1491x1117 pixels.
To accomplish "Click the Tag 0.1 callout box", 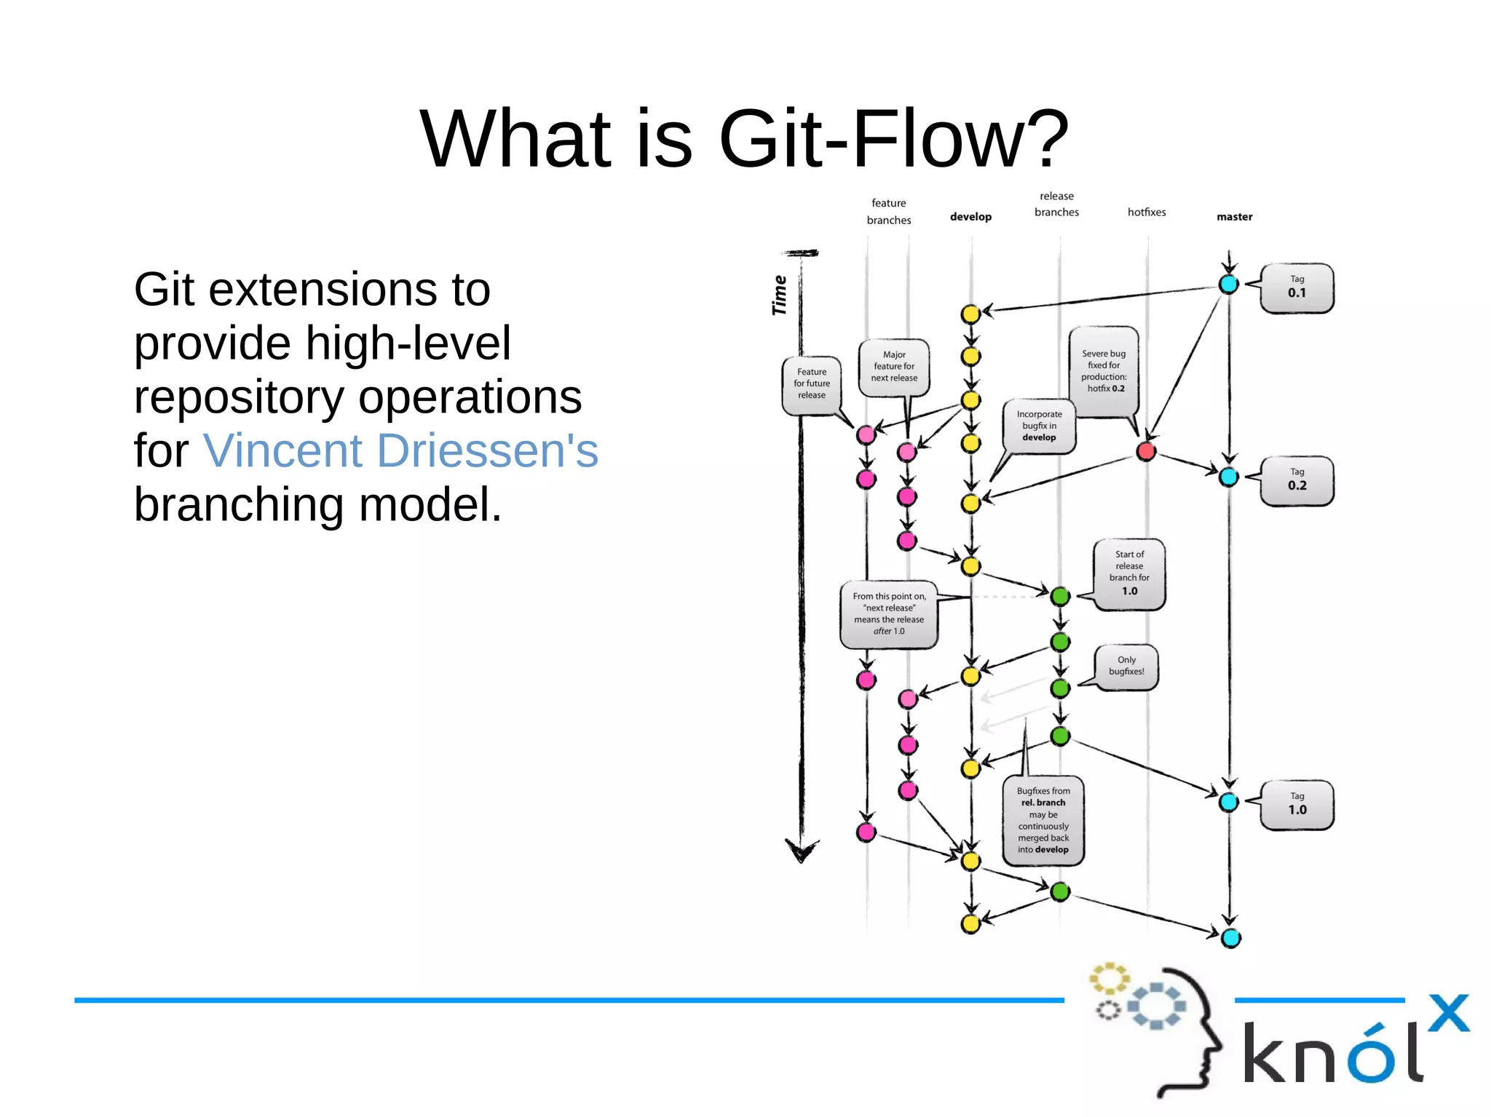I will click(x=1297, y=288).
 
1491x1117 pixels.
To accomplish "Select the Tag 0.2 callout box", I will click(x=1297, y=481).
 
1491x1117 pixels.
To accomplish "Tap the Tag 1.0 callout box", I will click(x=1297, y=805).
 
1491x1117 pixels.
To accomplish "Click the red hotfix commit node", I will click(x=1146, y=452).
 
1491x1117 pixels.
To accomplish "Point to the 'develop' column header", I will click(x=970, y=217).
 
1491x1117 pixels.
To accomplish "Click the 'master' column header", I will click(x=1234, y=217).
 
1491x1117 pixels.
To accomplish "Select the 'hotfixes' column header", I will click(x=1147, y=212).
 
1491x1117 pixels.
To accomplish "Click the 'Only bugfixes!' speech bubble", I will click(x=1126, y=666).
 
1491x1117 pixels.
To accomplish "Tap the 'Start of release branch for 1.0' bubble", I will click(x=1129, y=573).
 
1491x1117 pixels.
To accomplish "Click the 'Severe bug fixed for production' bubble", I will click(x=1104, y=371).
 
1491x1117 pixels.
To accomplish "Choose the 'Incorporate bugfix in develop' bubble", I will click(x=1039, y=426).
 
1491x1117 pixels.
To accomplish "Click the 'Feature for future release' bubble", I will click(x=812, y=384).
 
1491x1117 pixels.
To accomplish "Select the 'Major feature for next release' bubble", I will click(x=894, y=367).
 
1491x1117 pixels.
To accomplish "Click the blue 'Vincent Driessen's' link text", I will click(x=400, y=450).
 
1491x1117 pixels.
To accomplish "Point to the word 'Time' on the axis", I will click(x=779, y=295).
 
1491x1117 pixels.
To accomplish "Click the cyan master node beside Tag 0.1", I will click(x=1229, y=285).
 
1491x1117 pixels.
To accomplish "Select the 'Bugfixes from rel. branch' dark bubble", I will click(x=1043, y=821).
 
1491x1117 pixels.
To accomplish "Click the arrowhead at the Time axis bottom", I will click(x=802, y=851).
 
